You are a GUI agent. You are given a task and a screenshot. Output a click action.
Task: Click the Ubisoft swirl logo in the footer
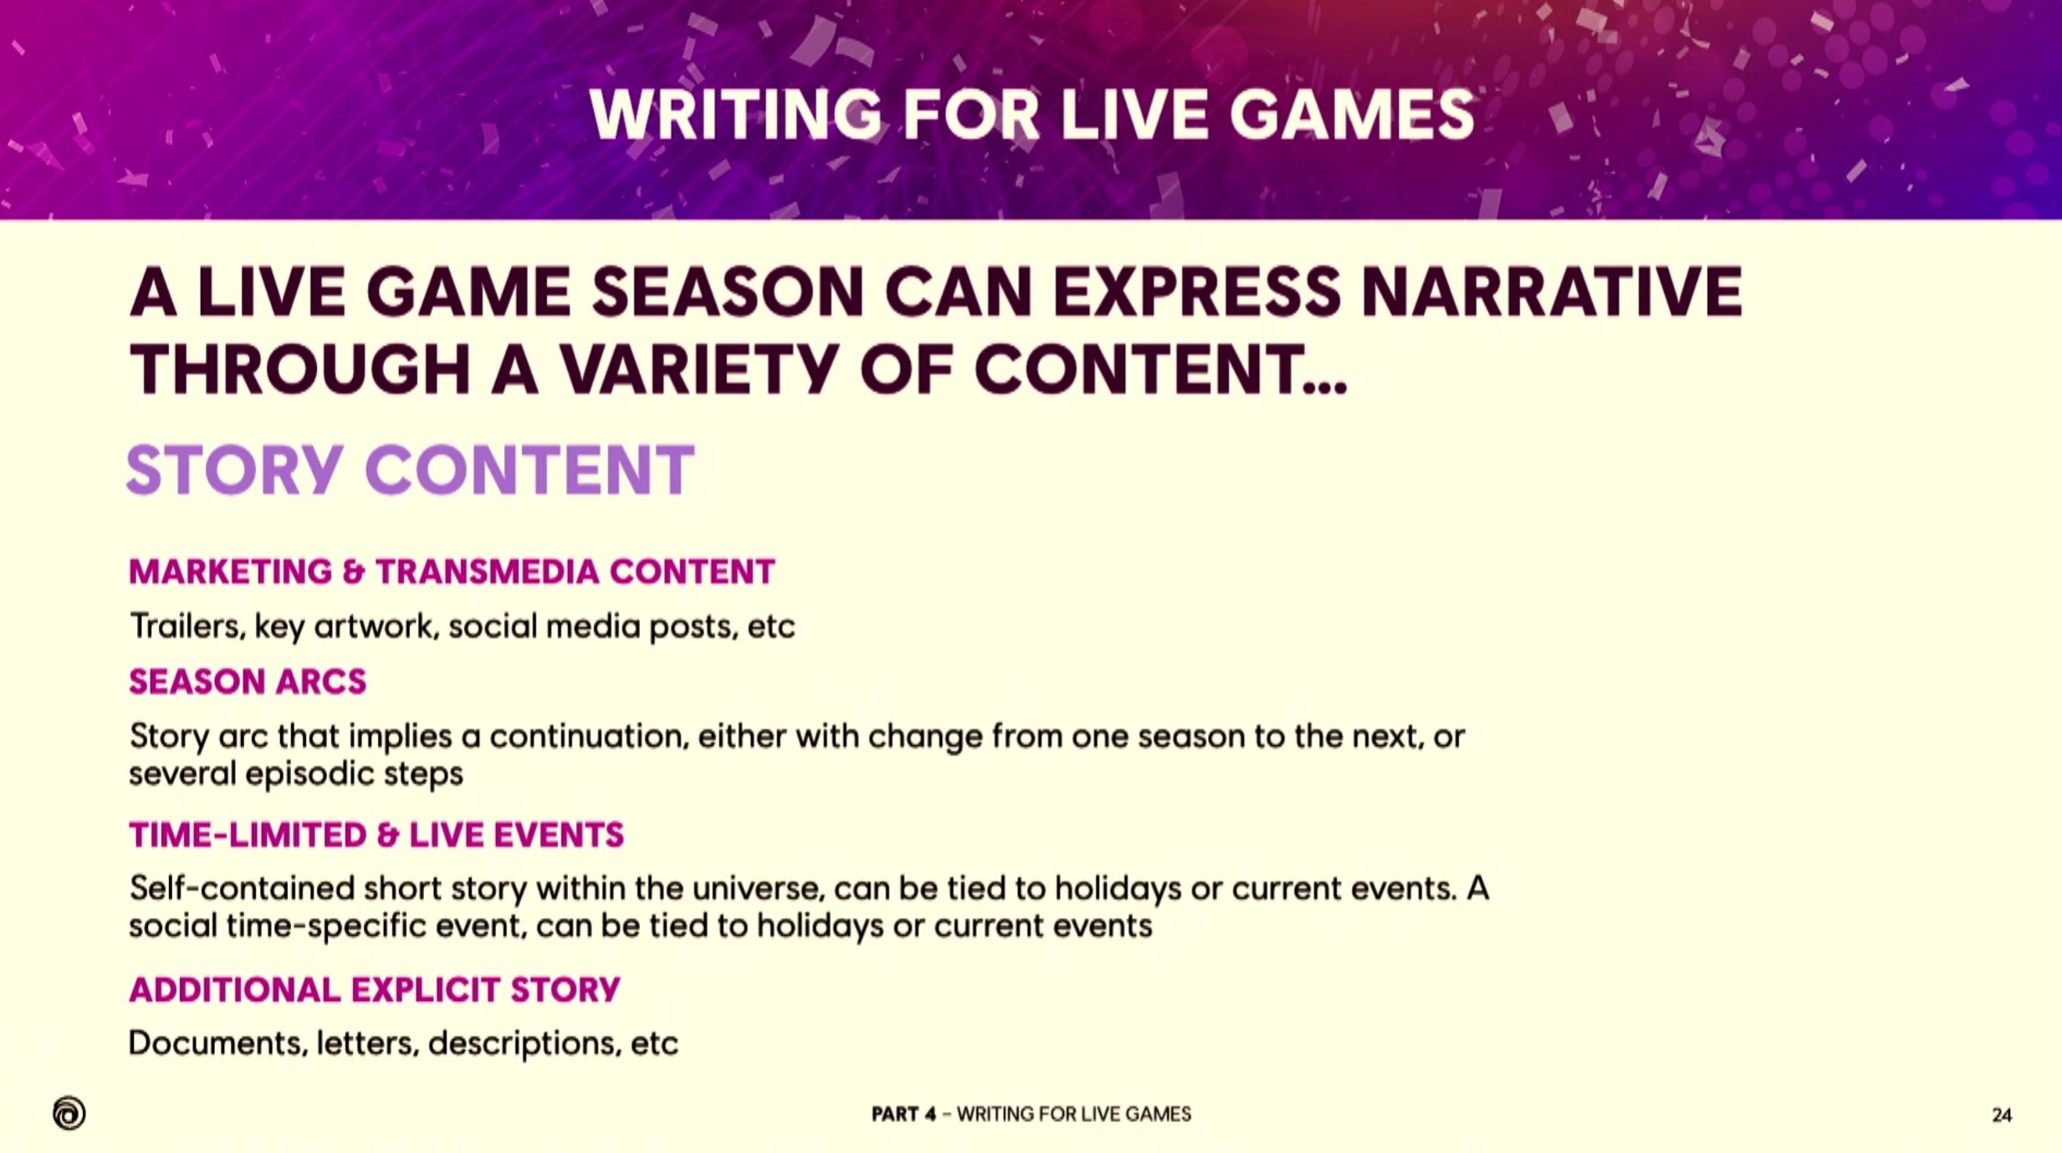tap(69, 1113)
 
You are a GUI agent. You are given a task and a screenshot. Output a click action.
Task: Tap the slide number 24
tap(2001, 1115)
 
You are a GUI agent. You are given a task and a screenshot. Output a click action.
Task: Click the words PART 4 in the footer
tap(903, 1114)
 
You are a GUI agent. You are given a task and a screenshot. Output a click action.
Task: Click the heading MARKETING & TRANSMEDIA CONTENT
tap(452, 572)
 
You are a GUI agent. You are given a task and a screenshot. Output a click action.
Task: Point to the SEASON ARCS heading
tap(248, 682)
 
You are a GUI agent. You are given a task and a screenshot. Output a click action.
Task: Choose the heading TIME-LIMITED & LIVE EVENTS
tap(376, 835)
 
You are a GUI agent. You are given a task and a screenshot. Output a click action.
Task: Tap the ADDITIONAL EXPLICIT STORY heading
tap(375, 990)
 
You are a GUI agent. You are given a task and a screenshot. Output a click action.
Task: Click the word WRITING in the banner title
tap(735, 115)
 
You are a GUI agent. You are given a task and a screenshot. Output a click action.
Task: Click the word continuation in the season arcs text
tap(588, 737)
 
